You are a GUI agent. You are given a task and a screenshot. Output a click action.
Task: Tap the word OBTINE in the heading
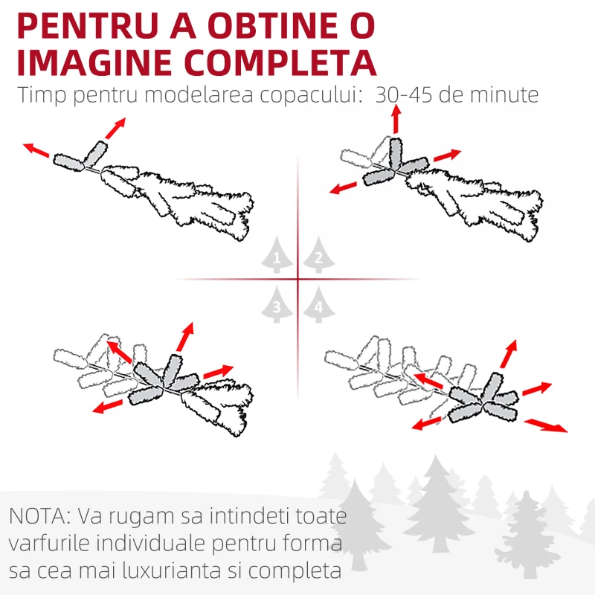272,26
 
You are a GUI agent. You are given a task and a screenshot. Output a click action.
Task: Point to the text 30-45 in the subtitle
403,94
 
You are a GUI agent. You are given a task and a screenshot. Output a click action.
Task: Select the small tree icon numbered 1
277,254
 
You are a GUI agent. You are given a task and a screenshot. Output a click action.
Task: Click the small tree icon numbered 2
319,254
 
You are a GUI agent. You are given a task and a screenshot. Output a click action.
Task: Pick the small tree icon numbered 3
277,304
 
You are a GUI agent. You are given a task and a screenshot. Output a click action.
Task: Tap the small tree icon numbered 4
319,304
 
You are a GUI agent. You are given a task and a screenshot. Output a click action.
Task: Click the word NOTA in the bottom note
40,516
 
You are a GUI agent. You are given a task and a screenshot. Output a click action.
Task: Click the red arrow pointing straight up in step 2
396,119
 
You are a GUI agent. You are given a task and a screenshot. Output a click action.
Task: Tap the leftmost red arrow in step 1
36,150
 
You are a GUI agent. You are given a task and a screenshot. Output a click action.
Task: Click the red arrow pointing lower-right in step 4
546,425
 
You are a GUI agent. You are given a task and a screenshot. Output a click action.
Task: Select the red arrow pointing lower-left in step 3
108,406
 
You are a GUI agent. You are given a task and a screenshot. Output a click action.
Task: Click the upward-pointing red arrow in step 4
509,354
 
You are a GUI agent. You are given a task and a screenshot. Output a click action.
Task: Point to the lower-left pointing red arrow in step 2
343,187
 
